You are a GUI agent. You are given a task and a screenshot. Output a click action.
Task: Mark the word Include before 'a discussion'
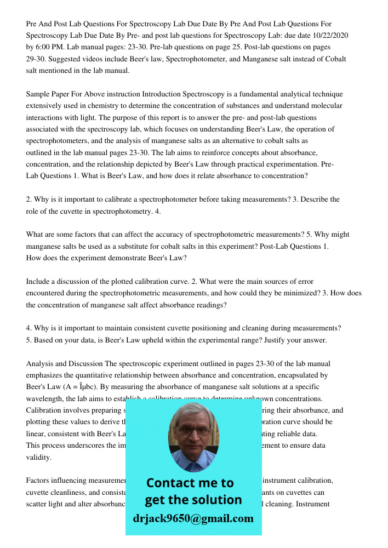pyautogui.click(x=39, y=282)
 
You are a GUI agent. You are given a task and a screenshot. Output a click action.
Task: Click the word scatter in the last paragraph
pyautogui.click(x=37, y=504)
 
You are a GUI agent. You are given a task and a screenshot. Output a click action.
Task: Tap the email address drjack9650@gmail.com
pyautogui.click(x=193, y=518)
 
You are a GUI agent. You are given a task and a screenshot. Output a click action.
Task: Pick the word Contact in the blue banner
pyautogui.click(x=172, y=483)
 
